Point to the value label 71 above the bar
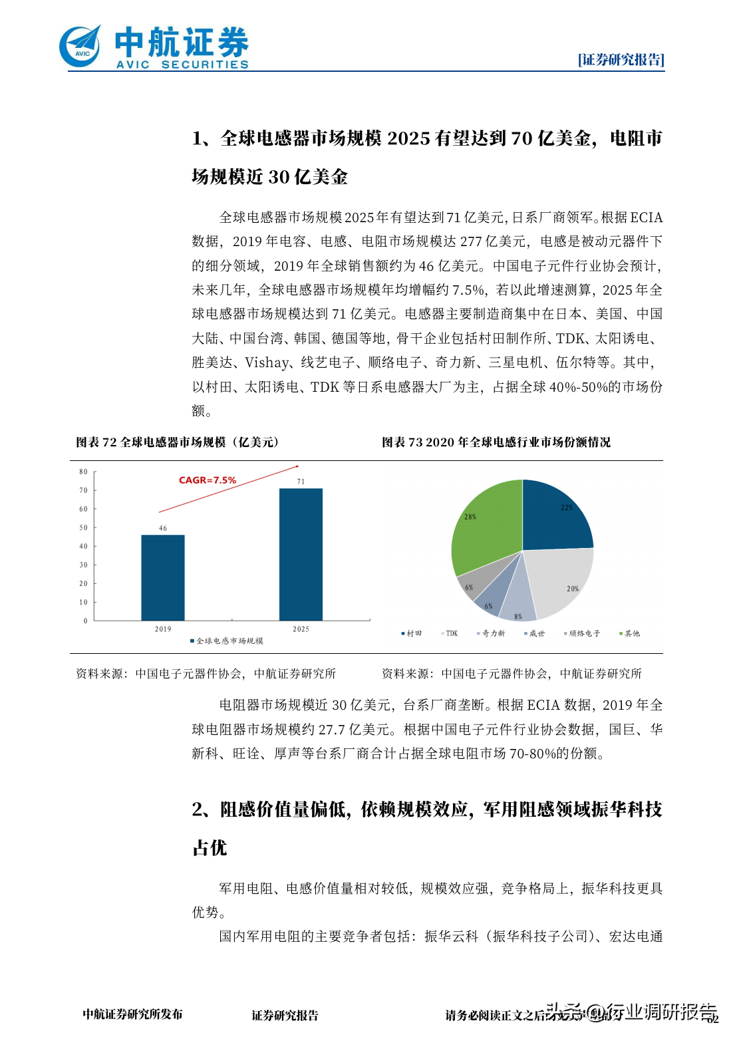coord(301,481)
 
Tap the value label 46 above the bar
coord(163,528)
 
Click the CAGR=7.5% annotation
coord(207,480)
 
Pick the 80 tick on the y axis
coord(83,472)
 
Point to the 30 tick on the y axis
coord(83,565)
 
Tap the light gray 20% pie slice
coord(562,579)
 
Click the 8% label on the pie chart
coord(518,617)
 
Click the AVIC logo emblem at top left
coord(80,47)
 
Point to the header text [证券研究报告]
coord(621,60)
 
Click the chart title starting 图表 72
coord(178,442)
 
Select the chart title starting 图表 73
coord(496,442)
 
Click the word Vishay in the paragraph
coord(266,363)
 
